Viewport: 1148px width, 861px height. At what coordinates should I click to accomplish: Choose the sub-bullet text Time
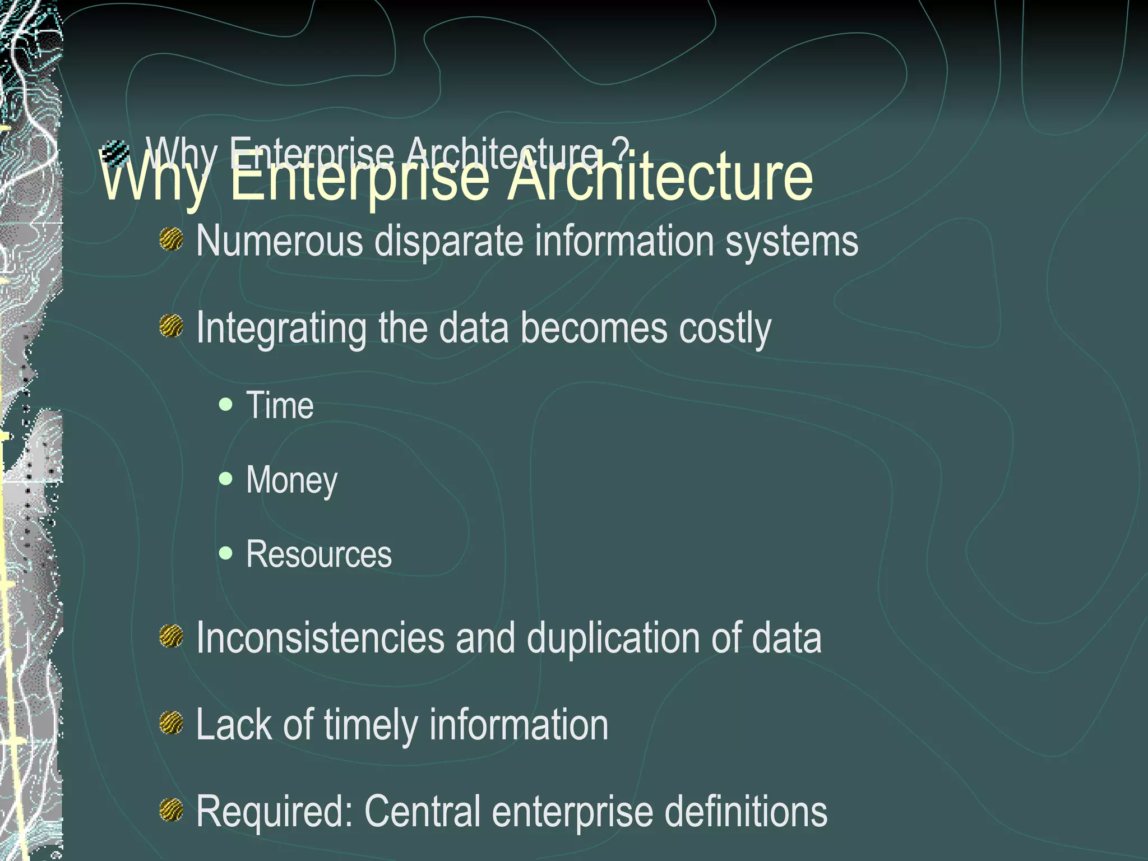tap(280, 405)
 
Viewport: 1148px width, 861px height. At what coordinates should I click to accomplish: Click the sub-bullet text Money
tap(291, 480)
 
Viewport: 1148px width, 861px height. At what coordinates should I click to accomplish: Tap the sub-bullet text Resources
tap(318, 554)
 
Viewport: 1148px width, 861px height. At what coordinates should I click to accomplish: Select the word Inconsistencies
tap(320, 638)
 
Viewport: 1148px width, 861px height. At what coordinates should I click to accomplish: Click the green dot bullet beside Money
tap(226, 478)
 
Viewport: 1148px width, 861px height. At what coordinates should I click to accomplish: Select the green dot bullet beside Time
tap(226, 404)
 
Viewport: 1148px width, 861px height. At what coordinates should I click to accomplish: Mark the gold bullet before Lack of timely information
tap(171, 723)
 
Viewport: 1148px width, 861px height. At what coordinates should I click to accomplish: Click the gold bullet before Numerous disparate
tap(171, 240)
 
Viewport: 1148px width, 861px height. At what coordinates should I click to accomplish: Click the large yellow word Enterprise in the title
tap(359, 178)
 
